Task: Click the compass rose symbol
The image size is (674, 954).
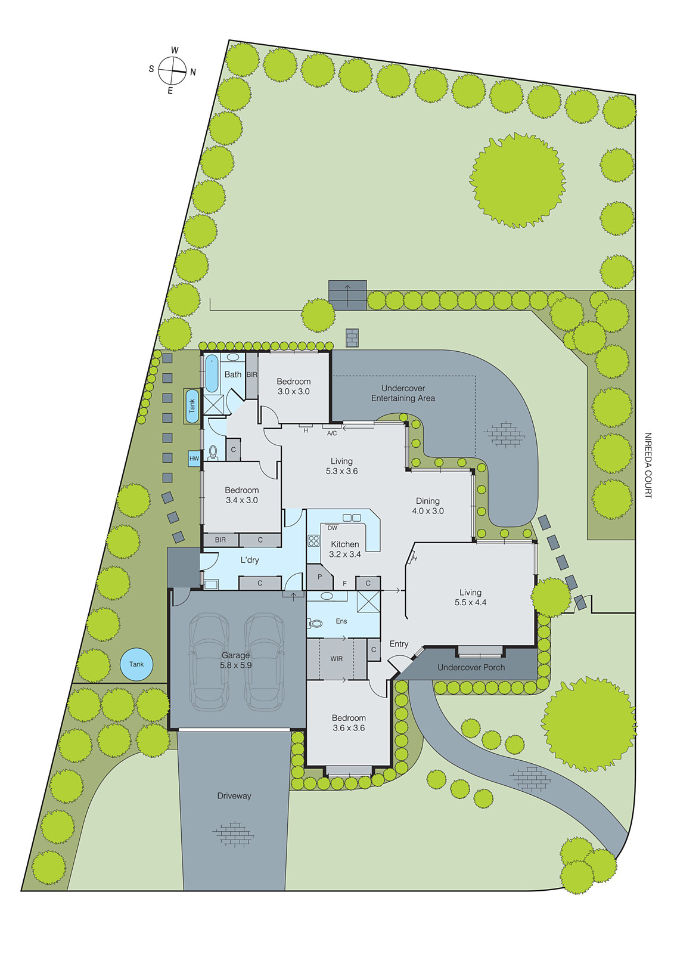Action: coord(172,70)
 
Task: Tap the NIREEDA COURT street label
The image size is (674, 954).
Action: coord(648,465)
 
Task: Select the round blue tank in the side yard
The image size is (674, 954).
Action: coord(136,664)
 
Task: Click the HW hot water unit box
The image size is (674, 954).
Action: coord(194,459)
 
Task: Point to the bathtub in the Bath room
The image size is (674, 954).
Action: coord(212,373)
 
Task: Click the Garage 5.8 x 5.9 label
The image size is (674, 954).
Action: coord(236,660)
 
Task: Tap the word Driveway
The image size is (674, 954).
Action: coord(234,795)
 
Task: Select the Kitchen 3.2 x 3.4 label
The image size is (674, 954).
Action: coord(345,549)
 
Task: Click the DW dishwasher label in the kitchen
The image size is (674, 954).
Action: coord(333,528)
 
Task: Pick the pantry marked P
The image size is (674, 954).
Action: coord(319,577)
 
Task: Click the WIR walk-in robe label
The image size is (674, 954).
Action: coord(337,659)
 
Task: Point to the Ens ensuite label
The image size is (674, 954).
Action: coord(341,621)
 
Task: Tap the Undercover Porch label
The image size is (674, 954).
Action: coord(471,667)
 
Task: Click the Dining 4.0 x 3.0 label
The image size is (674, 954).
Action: coord(428,506)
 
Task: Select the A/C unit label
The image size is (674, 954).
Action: coord(332,433)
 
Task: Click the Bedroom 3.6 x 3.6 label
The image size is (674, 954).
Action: coord(349,723)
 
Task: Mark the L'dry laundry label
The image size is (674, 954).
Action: coord(250,560)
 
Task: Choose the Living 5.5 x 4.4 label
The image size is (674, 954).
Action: coord(470,597)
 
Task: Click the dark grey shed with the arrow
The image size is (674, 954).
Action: coord(347,295)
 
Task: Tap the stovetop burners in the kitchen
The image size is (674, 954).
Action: coord(313,541)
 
